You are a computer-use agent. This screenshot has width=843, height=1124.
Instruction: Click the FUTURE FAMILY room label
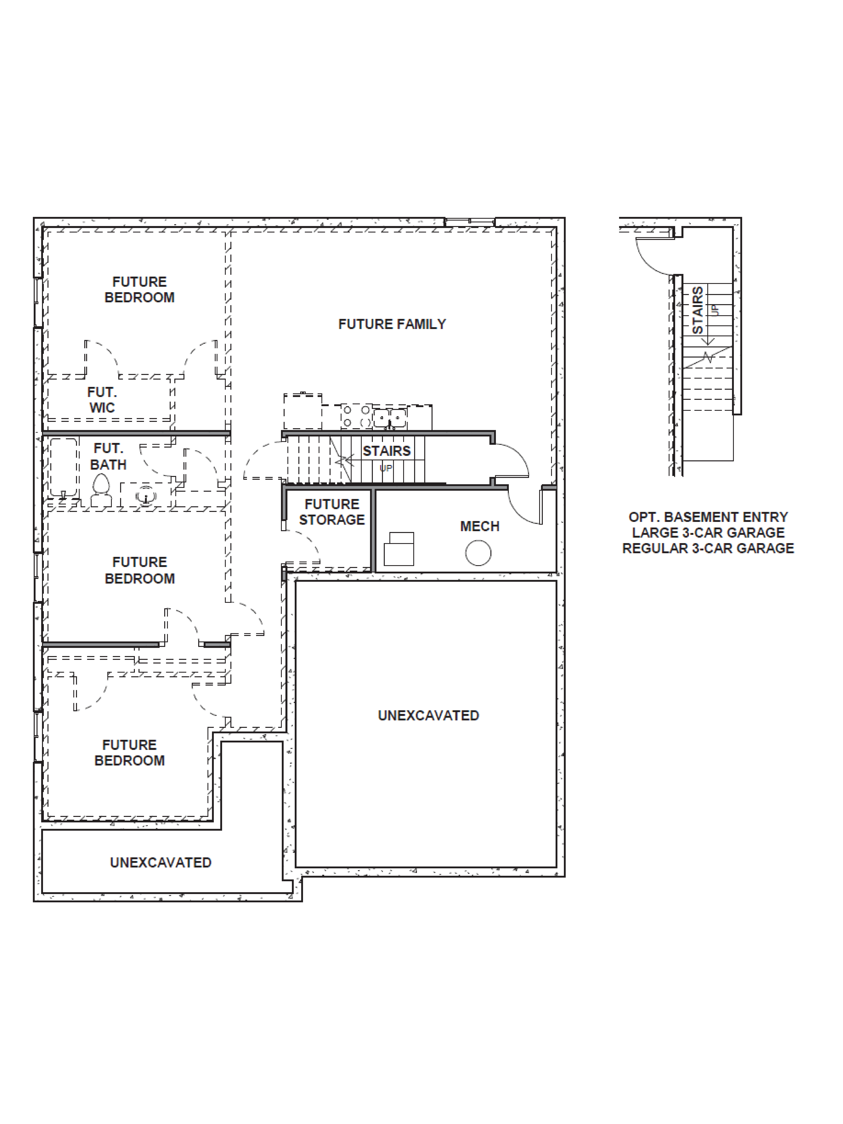click(x=392, y=324)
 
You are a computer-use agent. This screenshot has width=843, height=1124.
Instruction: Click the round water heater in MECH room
click(x=478, y=553)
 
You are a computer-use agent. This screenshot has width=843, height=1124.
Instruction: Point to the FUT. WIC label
click(x=102, y=400)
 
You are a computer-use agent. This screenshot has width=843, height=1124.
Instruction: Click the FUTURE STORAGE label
click(x=332, y=512)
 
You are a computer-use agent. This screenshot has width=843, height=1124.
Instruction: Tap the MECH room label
click(x=480, y=526)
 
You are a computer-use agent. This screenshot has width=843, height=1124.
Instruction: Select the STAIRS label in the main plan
click(x=386, y=451)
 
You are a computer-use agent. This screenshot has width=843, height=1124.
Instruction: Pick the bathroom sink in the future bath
click(x=146, y=494)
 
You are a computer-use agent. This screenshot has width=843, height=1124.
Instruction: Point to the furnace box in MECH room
click(x=399, y=549)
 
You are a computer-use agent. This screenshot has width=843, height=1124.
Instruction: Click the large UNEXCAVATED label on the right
click(x=428, y=715)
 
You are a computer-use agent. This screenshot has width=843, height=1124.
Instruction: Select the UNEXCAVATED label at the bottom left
click(x=161, y=862)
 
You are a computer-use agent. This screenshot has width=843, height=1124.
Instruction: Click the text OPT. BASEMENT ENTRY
click(x=708, y=517)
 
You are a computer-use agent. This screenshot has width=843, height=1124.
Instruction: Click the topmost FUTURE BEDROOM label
click(x=139, y=290)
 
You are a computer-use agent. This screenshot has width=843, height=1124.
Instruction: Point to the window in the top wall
click(x=469, y=222)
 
